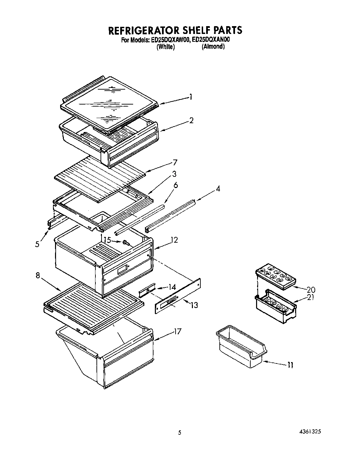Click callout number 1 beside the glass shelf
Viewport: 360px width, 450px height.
coord(191,97)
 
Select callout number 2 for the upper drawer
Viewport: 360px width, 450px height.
coord(192,120)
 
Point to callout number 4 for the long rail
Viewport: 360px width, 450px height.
coord(218,189)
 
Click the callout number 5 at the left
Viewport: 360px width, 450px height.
coord(37,244)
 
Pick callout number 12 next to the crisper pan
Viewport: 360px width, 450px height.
coord(174,240)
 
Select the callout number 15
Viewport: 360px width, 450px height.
coord(107,240)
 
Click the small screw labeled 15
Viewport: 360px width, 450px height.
coord(126,243)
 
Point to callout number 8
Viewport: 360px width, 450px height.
coord(38,276)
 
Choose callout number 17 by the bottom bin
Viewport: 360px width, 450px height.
coord(177,331)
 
